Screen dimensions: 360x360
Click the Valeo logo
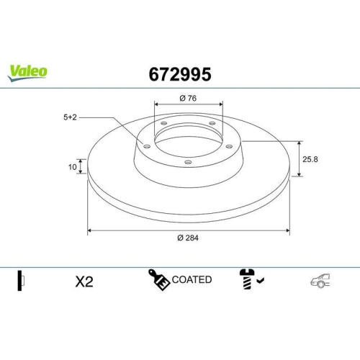pos(28,71)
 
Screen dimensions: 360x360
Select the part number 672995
pos(179,73)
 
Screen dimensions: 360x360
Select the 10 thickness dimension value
pos(72,167)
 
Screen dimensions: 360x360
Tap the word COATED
pos(192,279)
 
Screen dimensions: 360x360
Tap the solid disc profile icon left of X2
pos(22,281)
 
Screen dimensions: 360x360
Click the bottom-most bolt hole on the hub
pos(189,162)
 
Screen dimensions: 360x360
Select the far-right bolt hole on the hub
pos(230,146)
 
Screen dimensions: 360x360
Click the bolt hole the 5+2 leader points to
pos(148,146)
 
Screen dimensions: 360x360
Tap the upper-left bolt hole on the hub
pos(163,125)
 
